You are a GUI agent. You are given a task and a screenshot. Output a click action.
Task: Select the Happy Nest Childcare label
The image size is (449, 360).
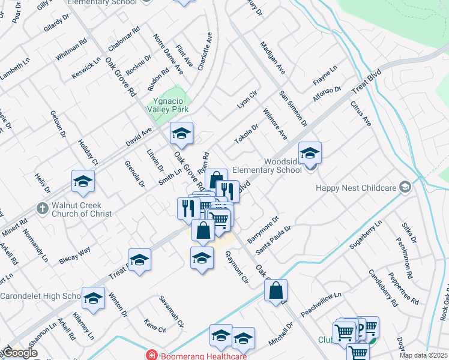[357, 188]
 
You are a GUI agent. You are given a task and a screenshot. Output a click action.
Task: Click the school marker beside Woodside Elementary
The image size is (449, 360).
[310, 154]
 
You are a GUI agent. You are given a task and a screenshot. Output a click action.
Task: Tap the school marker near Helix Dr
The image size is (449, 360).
[83, 182]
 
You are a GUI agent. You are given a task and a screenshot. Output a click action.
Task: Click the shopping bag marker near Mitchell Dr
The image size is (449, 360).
[276, 291]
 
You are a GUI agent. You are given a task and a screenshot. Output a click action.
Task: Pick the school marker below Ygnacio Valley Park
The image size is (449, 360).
[181, 134]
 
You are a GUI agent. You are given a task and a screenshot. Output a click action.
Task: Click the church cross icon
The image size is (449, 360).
[42, 208]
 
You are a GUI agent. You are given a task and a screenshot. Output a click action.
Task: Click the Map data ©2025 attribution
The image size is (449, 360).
[423, 355]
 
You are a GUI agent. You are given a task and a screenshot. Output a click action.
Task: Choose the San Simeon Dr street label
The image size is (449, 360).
[293, 109]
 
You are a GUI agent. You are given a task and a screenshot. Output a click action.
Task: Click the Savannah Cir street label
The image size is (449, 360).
[171, 311]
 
